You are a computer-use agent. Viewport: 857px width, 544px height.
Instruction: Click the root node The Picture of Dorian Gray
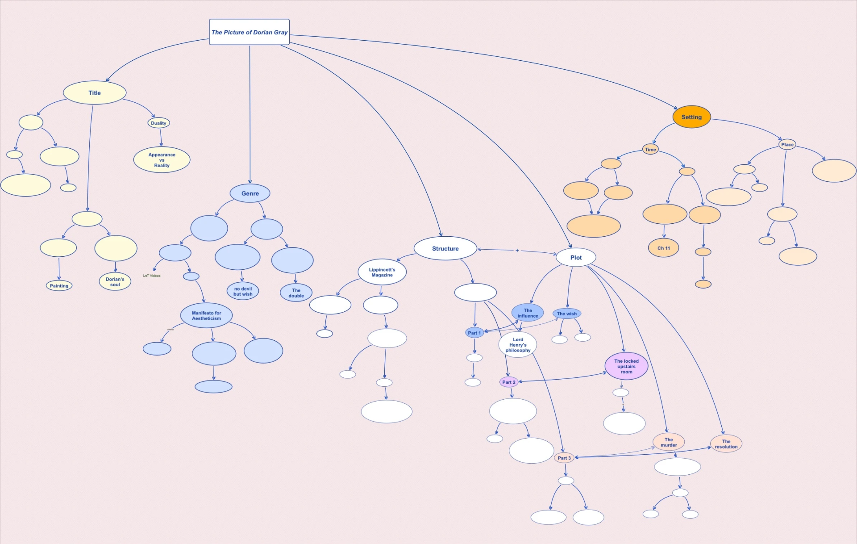[x=249, y=32]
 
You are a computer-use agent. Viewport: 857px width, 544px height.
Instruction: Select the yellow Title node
[x=95, y=93]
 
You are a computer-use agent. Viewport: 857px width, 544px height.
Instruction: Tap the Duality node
[x=158, y=123]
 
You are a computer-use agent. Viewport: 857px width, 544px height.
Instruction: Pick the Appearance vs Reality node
[x=162, y=160]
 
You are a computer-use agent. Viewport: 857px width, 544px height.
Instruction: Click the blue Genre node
[x=250, y=193]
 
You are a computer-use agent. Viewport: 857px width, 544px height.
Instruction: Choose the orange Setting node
[x=691, y=117]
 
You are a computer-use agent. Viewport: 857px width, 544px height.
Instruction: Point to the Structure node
[x=445, y=248]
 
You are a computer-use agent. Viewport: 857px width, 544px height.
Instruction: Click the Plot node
[x=576, y=257]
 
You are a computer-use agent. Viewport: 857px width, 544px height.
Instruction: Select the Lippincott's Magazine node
[x=382, y=272]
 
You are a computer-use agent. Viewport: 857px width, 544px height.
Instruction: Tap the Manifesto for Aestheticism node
[x=206, y=316]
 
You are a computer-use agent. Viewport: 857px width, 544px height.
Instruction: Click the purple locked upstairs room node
[x=626, y=366]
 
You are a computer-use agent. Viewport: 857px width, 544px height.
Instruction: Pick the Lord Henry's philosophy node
[x=518, y=345]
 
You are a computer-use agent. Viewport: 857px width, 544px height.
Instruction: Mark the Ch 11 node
[x=663, y=248]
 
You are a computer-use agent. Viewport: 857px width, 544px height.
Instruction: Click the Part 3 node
[x=564, y=458]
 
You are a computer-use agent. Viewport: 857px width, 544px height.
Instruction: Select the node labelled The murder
[x=669, y=442]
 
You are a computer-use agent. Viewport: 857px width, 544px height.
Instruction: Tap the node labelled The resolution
[x=726, y=444]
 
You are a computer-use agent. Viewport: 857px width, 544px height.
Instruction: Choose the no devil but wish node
[x=243, y=291]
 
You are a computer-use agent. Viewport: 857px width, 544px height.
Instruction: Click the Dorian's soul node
[x=115, y=282]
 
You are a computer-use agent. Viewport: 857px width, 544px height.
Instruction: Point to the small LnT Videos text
[x=152, y=276]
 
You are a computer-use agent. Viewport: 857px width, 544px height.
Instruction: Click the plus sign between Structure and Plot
[x=517, y=251]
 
